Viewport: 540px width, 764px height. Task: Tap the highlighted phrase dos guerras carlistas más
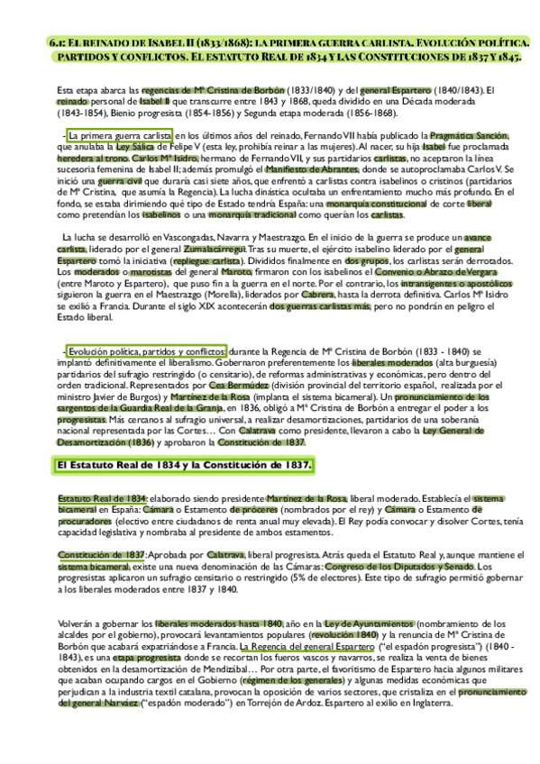(x=320, y=305)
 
